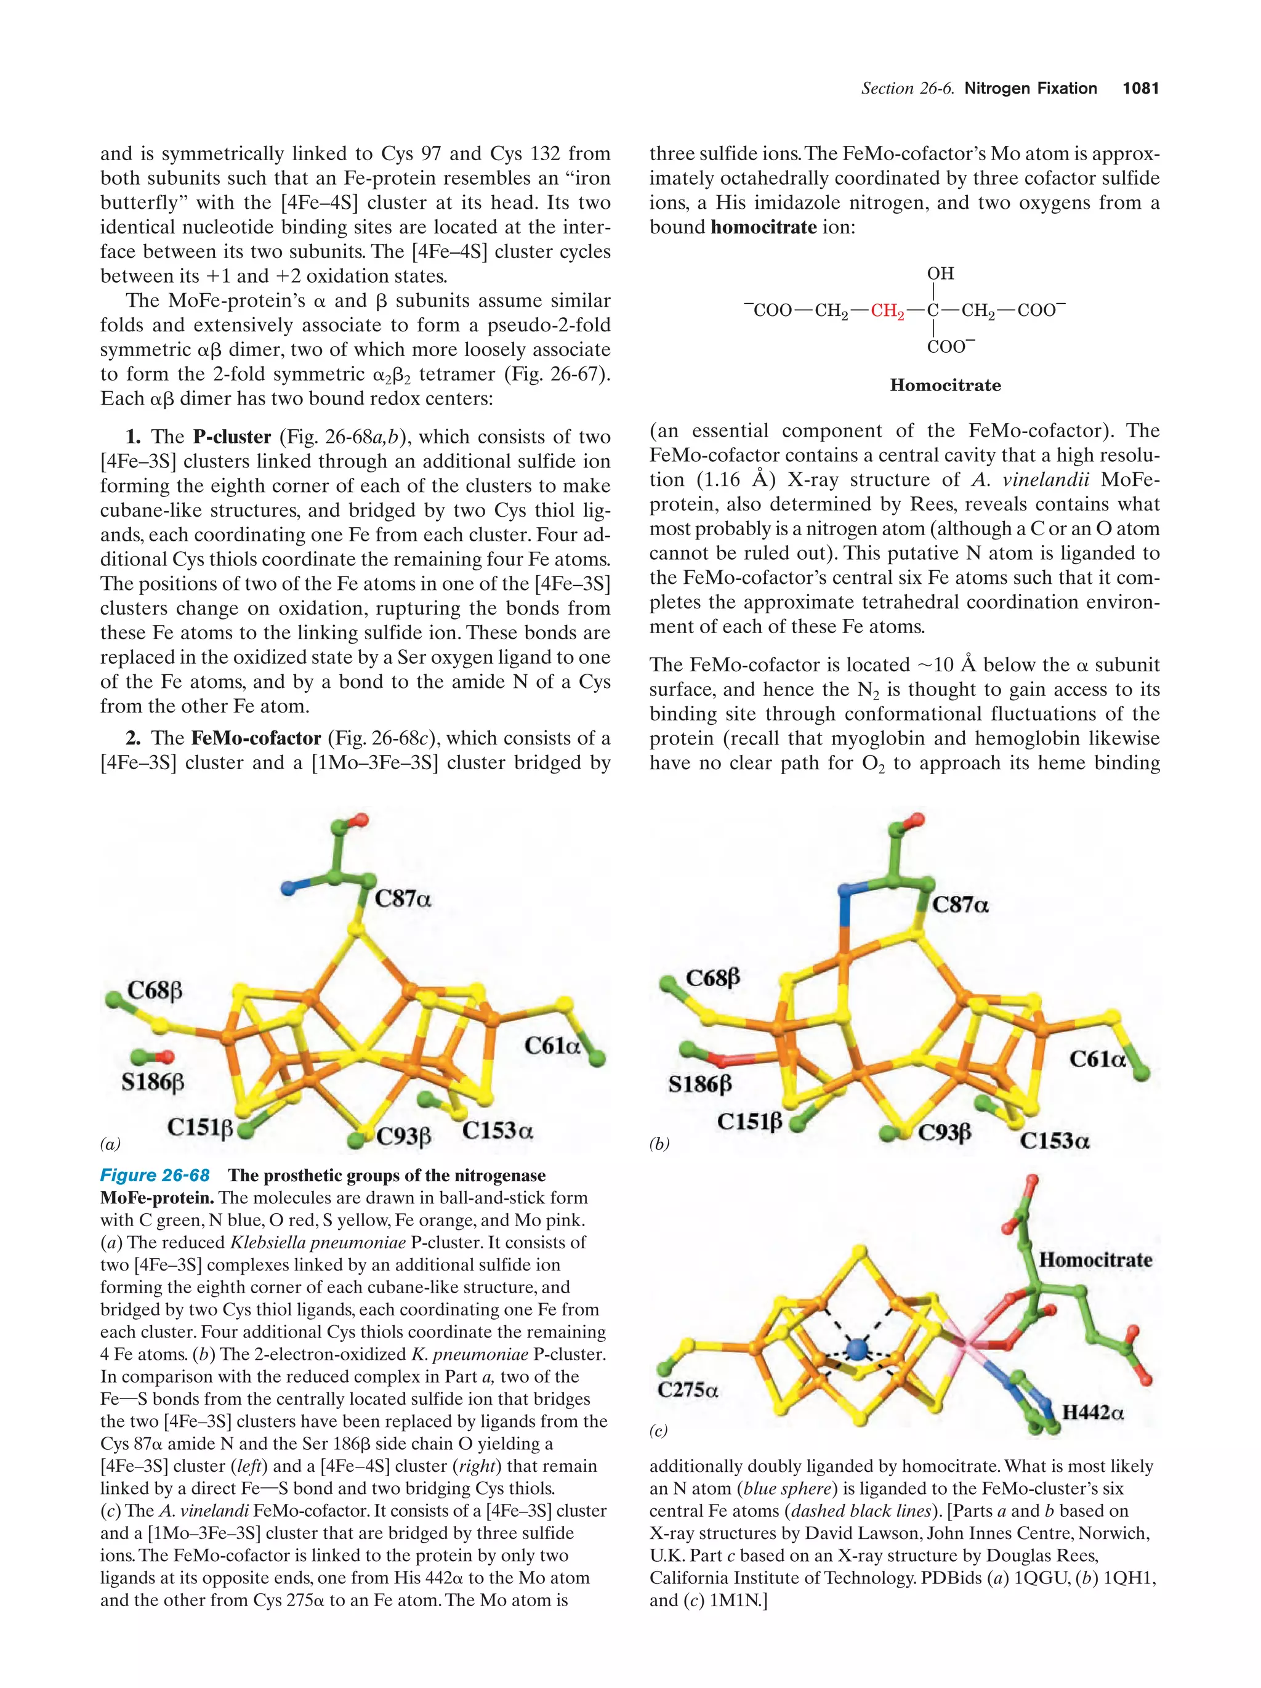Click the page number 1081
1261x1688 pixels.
[1140, 89]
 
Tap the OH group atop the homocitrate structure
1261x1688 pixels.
[940, 273]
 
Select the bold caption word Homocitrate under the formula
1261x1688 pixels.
[945, 386]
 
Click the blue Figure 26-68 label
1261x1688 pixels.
[155, 1175]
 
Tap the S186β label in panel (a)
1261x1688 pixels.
[153, 1081]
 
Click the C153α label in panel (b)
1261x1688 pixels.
[1054, 1141]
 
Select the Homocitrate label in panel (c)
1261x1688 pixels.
[1095, 1260]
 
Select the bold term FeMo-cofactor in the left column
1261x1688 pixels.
[256, 738]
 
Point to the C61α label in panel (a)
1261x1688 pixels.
[552, 1046]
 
